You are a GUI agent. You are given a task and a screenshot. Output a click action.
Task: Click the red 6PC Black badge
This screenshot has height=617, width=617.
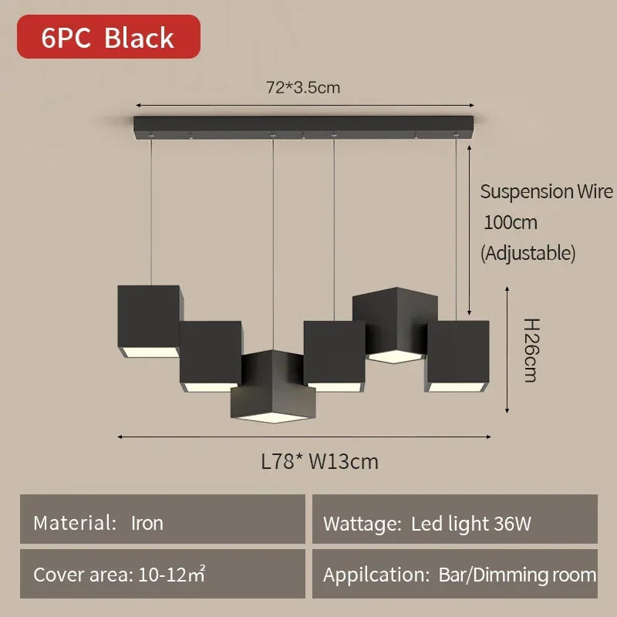pyautogui.click(x=109, y=36)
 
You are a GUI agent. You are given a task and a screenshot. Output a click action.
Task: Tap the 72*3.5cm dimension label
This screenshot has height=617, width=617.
pyautogui.click(x=303, y=87)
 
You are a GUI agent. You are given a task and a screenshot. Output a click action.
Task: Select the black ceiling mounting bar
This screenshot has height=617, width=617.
pyautogui.click(x=303, y=126)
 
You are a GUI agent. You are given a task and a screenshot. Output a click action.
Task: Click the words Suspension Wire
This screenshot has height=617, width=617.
pyautogui.click(x=547, y=192)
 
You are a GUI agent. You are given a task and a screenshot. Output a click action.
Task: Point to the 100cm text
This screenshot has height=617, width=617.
pyautogui.click(x=511, y=223)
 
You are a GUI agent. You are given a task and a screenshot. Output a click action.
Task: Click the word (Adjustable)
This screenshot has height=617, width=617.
pyautogui.click(x=528, y=253)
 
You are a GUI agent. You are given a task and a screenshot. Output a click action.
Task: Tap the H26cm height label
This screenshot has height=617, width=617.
pyautogui.click(x=531, y=350)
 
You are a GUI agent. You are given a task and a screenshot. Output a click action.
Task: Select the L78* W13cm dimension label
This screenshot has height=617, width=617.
pyautogui.click(x=320, y=461)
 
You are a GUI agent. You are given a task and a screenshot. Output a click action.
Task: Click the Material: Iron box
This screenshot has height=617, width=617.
pyautogui.click(x=163, y=519)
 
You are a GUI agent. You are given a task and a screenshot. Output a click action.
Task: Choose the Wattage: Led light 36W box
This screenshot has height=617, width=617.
pyautogui.click(x=455, y=519)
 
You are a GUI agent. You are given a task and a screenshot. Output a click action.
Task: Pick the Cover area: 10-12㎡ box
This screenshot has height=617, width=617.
pyautogui.click(x=163, y=574)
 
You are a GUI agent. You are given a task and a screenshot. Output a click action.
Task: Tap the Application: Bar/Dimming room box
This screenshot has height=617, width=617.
pyautogui.click(x=455, y=574)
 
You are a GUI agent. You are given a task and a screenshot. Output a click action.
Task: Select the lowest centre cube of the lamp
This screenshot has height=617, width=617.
pyautogui.click(x=273, y=387)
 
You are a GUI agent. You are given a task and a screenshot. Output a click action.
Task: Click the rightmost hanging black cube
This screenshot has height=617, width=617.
pyautogui.click(x=457, y=356)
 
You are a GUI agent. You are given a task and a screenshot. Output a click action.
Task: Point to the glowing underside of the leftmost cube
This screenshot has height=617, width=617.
pyautogui.click(x=150, y=352)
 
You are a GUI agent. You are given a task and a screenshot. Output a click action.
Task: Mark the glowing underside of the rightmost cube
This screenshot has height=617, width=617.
pyautogui.click(x=457, y=386)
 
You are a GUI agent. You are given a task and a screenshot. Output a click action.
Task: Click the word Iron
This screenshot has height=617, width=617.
pyautogui.click(x=147, y=524)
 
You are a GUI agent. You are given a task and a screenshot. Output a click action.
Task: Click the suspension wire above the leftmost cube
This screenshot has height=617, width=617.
pyautogui.click(x=150, y=211)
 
